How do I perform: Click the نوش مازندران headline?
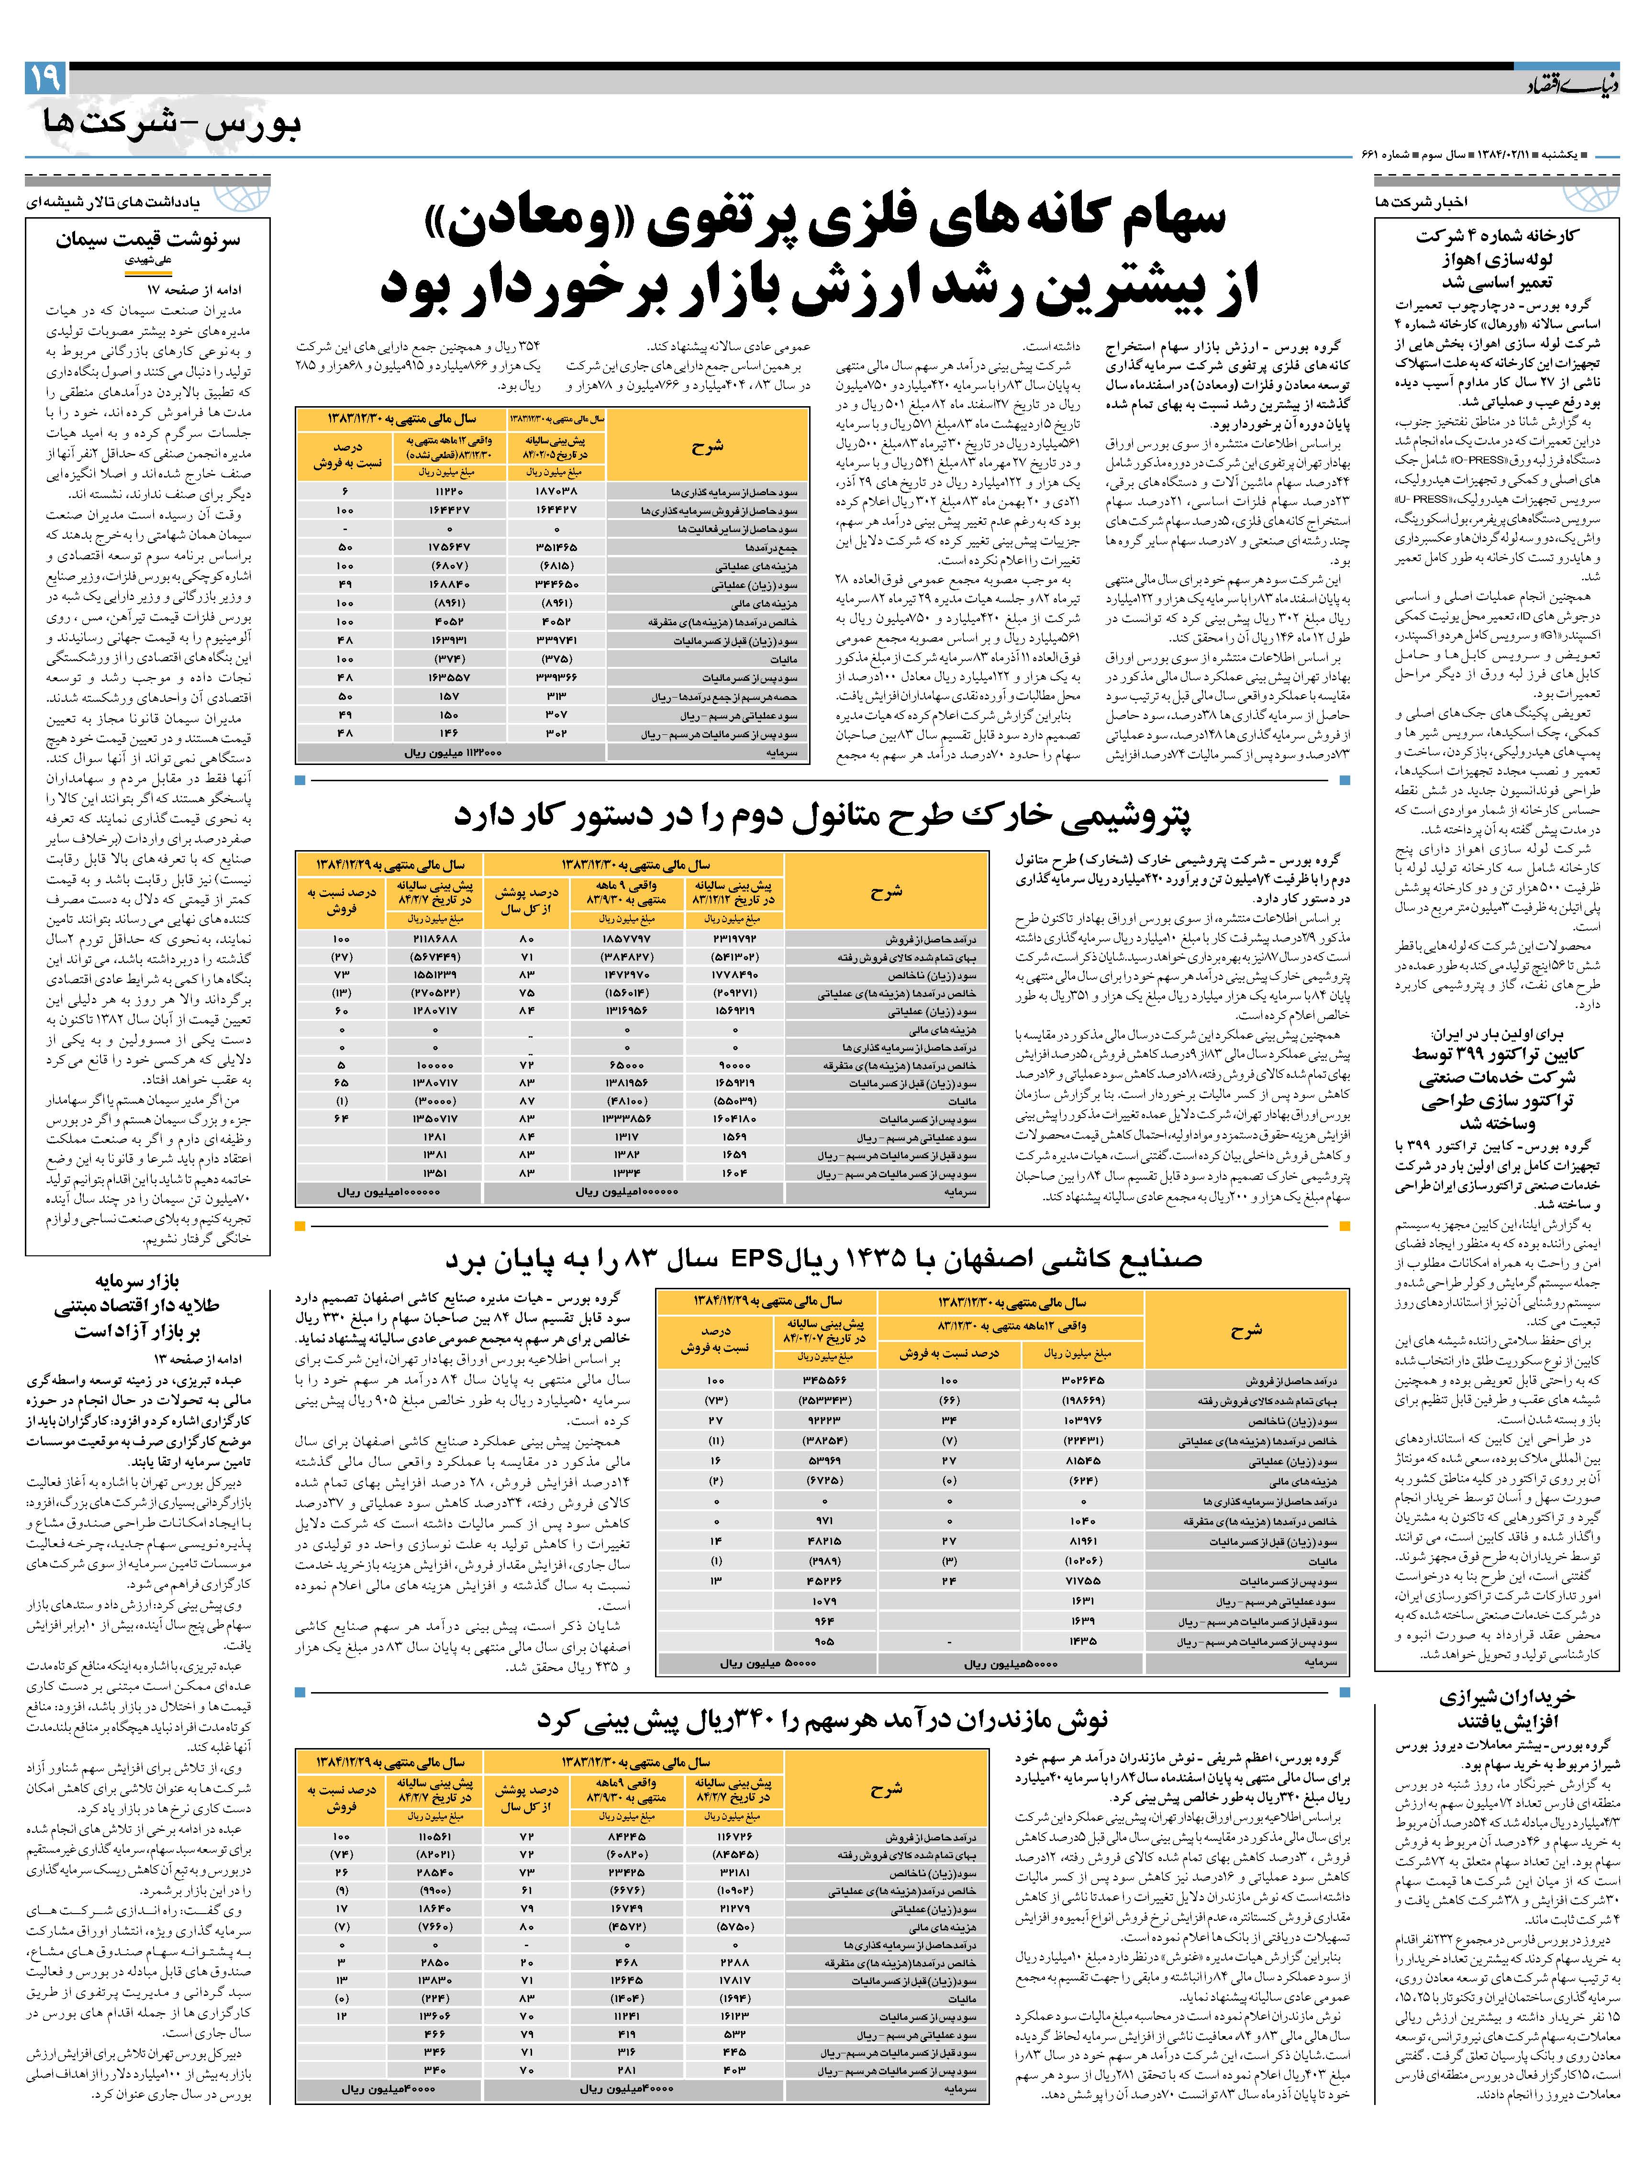pyautogui.click(x=822, y=1718)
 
